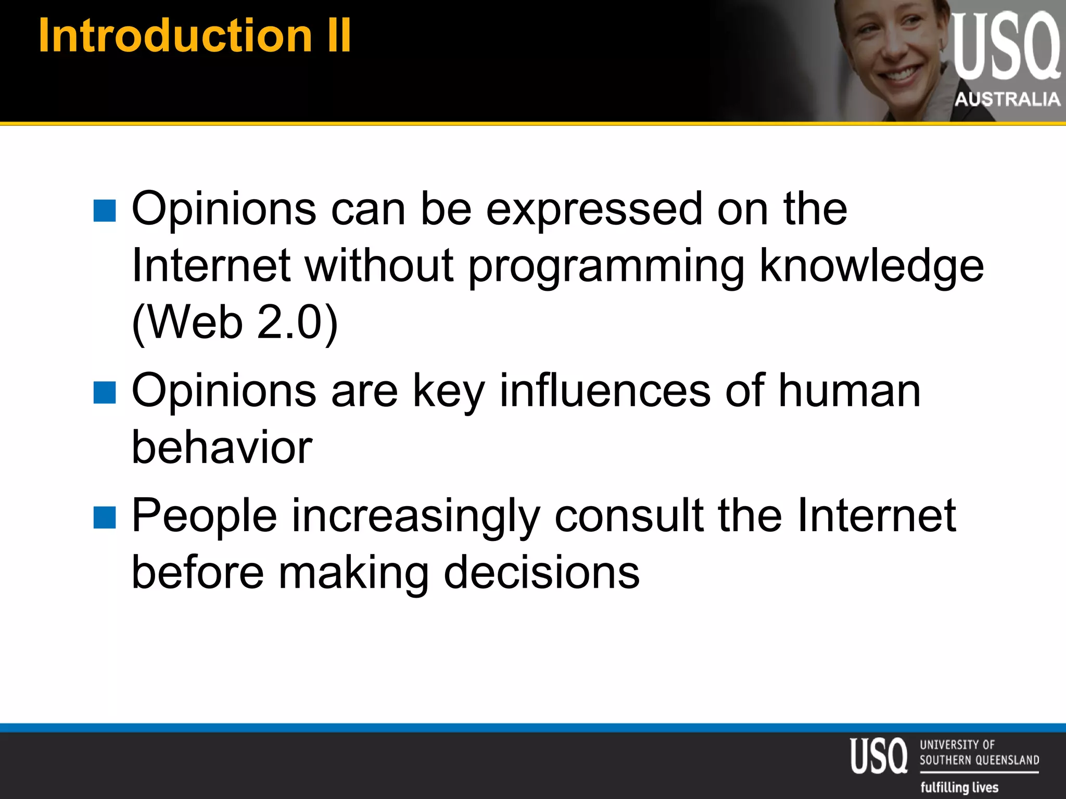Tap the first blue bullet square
(x=105, y=211)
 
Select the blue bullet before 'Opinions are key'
(x=105, y=393)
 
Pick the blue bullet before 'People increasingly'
(x=105, y=518)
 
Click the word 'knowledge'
(x=872, y=266)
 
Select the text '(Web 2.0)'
(x=235, y=323)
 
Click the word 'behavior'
(x=222, y=448)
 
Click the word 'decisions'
(x=541, y=573)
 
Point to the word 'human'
(x=849, y=391)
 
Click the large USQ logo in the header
(x=1005, y=47)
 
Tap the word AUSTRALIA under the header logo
(x=1007, y=99)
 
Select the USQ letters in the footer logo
(x=879, y=756)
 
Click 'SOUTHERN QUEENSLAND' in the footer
(x=979, y=760)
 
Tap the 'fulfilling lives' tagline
(x=959, y=787)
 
